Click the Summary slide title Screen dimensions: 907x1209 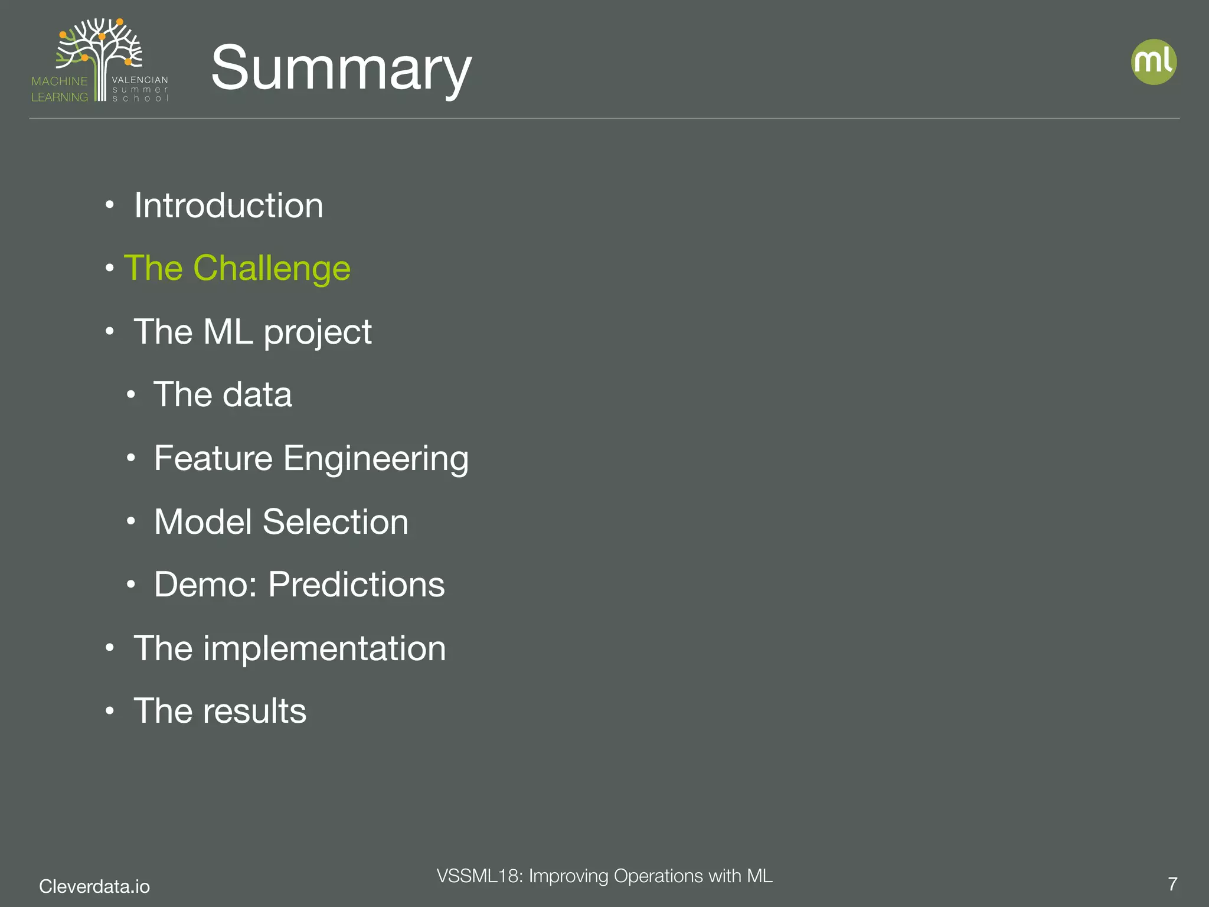[341, 68]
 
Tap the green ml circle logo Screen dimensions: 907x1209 [1154, 62]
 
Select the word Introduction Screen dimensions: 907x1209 [228, 205]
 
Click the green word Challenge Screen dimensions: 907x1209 [272, 269]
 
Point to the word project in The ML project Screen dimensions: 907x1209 [318, 332]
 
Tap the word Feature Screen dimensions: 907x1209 [213, 458]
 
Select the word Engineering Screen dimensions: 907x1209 [376, 459]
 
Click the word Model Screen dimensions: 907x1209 [203, 522]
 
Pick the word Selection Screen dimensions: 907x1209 [335, 522]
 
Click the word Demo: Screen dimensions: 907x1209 [205, 585]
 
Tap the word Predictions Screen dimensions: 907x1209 [357, 585]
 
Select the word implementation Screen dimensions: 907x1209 [325, 648]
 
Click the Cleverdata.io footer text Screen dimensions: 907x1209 [94, 886]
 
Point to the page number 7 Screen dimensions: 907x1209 [1172, 884]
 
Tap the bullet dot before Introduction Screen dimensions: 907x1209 [110, 206]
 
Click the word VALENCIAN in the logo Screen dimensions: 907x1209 [140, 80]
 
